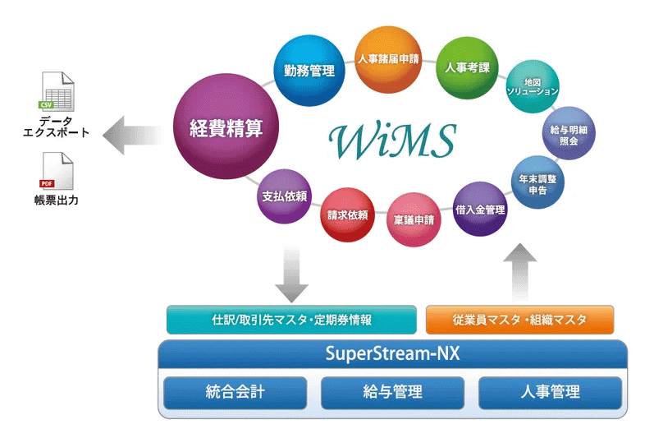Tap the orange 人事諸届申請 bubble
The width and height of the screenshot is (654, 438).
[x=388, y=60]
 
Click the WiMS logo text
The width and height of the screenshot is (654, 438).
[x=394, y=140]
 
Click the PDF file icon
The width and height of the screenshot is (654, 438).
[x=57, y=172]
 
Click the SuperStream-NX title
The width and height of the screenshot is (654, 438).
[x=392, y=356]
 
